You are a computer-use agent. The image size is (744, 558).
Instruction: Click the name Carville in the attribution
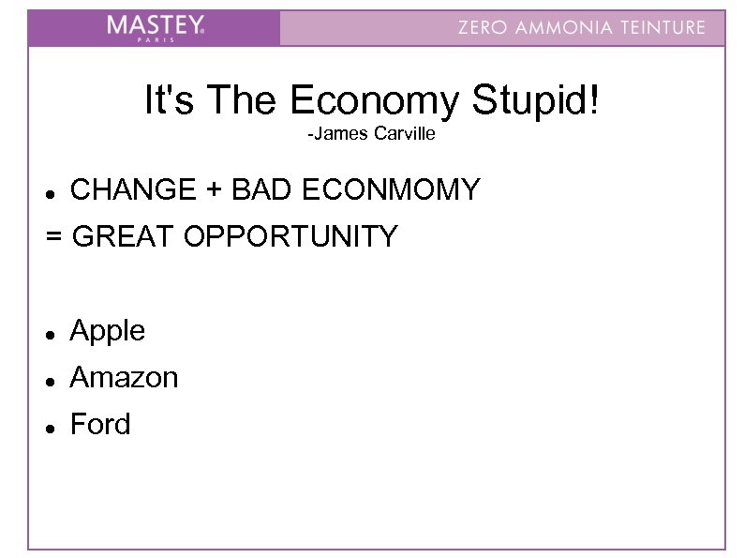pyautogui.click(x=405, y=135)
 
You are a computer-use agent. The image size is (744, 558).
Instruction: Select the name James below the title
pyautogui.click(x=341, y=135)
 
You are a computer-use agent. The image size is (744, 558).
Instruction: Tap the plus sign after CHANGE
pyautogui.click(x=216, y=191)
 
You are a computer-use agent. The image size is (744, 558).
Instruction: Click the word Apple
pyautogui.click(x=108, y=331)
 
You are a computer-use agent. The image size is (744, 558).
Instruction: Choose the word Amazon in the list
pyautogui.click(x=124, y=378)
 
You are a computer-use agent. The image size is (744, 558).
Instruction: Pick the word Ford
pyautogui.click(x=100, y=425)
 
